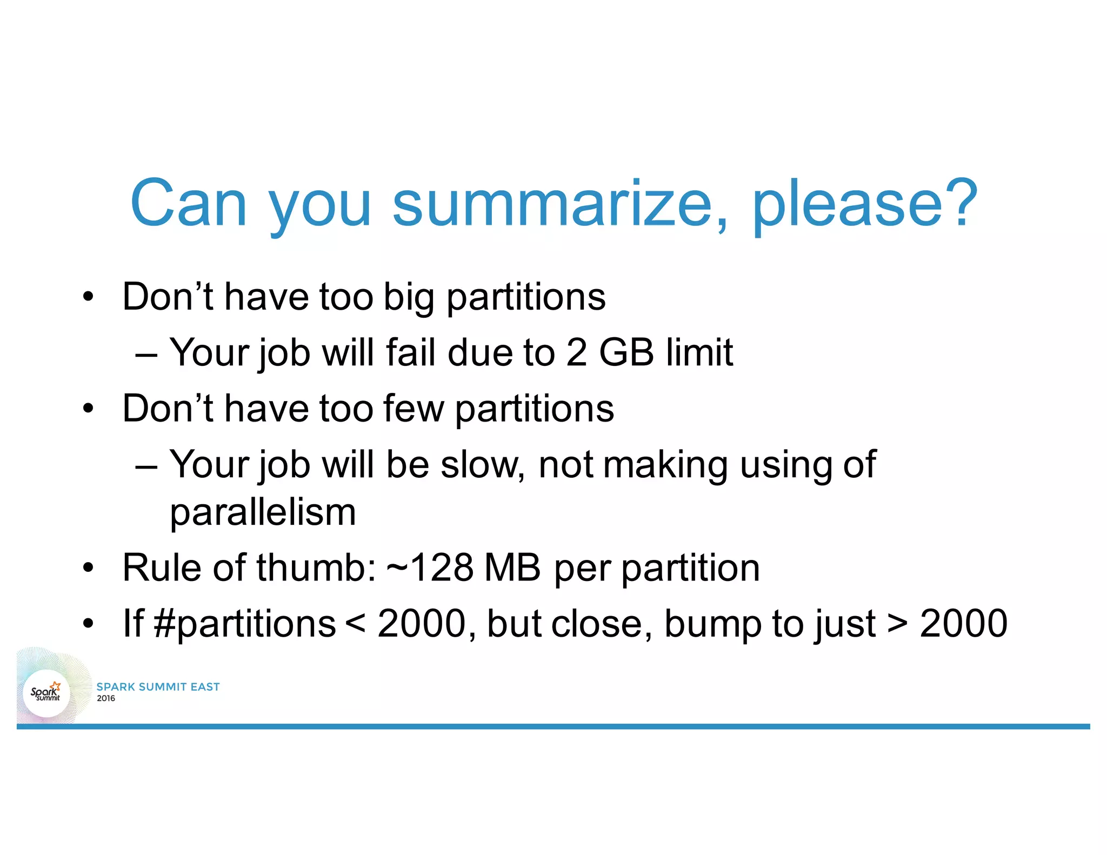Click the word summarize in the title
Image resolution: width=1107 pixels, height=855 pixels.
(x=559, y=204)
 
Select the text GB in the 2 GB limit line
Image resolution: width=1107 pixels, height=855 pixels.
(x=626, y=352)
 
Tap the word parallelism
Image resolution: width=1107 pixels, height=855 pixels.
(x=263, y=512)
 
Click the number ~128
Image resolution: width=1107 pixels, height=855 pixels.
(x=430, y=568)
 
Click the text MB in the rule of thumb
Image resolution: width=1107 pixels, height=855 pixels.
(x=512, y=568)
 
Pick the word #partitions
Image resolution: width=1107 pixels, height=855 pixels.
(x=245, y=624)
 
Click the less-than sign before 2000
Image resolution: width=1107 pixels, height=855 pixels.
(x=355, y=624)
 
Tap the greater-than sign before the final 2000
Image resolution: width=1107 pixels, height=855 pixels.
(x=897, y=624)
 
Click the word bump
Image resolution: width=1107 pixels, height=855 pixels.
(x=711, y=624)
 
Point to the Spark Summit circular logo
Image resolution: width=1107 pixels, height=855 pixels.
(x=46, y=693)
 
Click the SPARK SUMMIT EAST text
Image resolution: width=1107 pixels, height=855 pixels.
(x=158, y=686)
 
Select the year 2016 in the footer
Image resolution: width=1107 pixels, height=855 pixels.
(x=106, y=698)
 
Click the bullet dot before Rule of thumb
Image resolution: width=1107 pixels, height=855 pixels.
(x=88, y=569)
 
